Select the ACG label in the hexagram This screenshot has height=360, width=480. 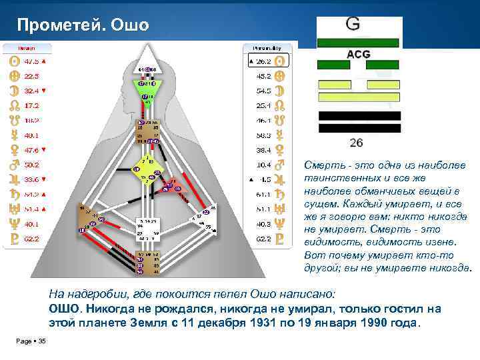tap(359, 55)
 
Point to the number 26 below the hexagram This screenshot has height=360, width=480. tap(356, 143)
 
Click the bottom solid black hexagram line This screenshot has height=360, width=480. tap(359, 127)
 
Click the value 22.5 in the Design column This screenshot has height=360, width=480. tap(32, 75)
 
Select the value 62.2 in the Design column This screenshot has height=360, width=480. tap(32, 238)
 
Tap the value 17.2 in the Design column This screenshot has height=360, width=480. tap(32, 105)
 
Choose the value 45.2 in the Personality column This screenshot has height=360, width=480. tap(264, 75)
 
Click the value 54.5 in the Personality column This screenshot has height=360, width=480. tap(264, 90)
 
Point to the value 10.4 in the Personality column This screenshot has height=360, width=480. tap(264, 164)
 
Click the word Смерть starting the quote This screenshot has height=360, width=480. tap(322, 165)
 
